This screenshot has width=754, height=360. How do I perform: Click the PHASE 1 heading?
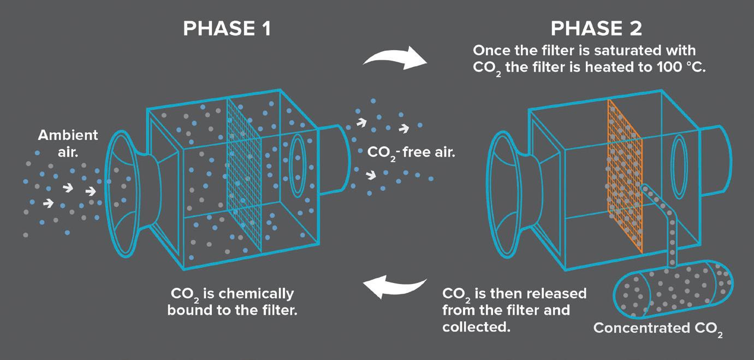(x=227, y=28)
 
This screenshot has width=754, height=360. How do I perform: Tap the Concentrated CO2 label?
(x=658, y=328)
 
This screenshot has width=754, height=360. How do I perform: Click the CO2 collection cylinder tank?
(x=675, y=289)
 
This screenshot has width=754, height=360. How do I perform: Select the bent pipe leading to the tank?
(x=662, y=219)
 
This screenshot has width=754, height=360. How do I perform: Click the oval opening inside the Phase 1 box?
(x=298, y=166)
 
